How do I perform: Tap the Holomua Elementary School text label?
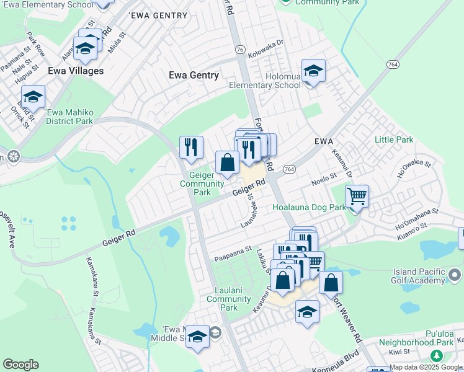click(x=265, y=81)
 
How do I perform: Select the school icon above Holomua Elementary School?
click(x=313, y=71)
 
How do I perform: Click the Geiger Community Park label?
click(x=202, y=184)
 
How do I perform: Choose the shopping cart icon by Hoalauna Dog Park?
click(x=357, y=197)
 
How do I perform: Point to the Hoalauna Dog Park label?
click(x=308, y=209)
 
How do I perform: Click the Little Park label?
click(x=394, y=139)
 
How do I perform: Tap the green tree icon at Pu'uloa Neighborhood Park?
click(x=436, y=356)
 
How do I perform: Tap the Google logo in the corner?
click(x=20, y=365)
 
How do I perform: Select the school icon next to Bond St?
click(x=33, y=97)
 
